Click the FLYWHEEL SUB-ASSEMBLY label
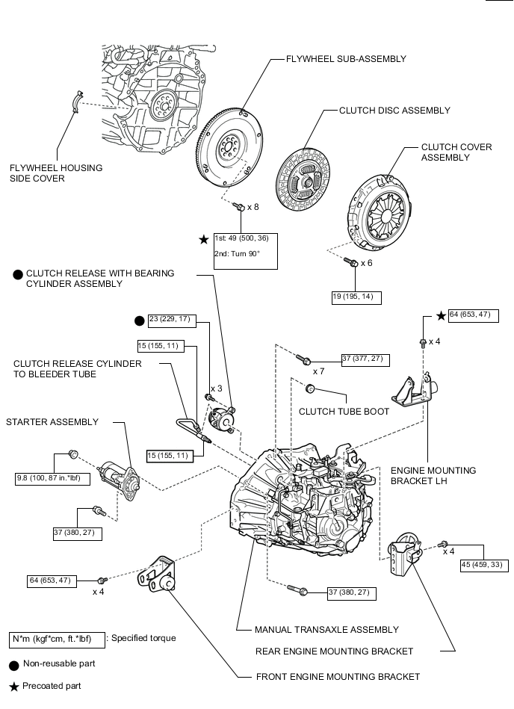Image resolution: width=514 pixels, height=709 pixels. point(346,58)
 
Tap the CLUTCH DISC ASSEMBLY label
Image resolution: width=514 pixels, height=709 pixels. point(394,110)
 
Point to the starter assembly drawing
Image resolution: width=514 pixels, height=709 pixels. point(120,472)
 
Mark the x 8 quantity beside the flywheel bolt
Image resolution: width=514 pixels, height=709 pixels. point(253,207)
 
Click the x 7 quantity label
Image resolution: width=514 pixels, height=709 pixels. point(318,371)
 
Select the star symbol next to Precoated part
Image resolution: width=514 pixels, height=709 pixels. point(13,686)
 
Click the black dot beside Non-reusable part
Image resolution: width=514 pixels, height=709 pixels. point(13,663)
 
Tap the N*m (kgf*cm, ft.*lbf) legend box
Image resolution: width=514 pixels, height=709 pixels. point(56,639)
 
